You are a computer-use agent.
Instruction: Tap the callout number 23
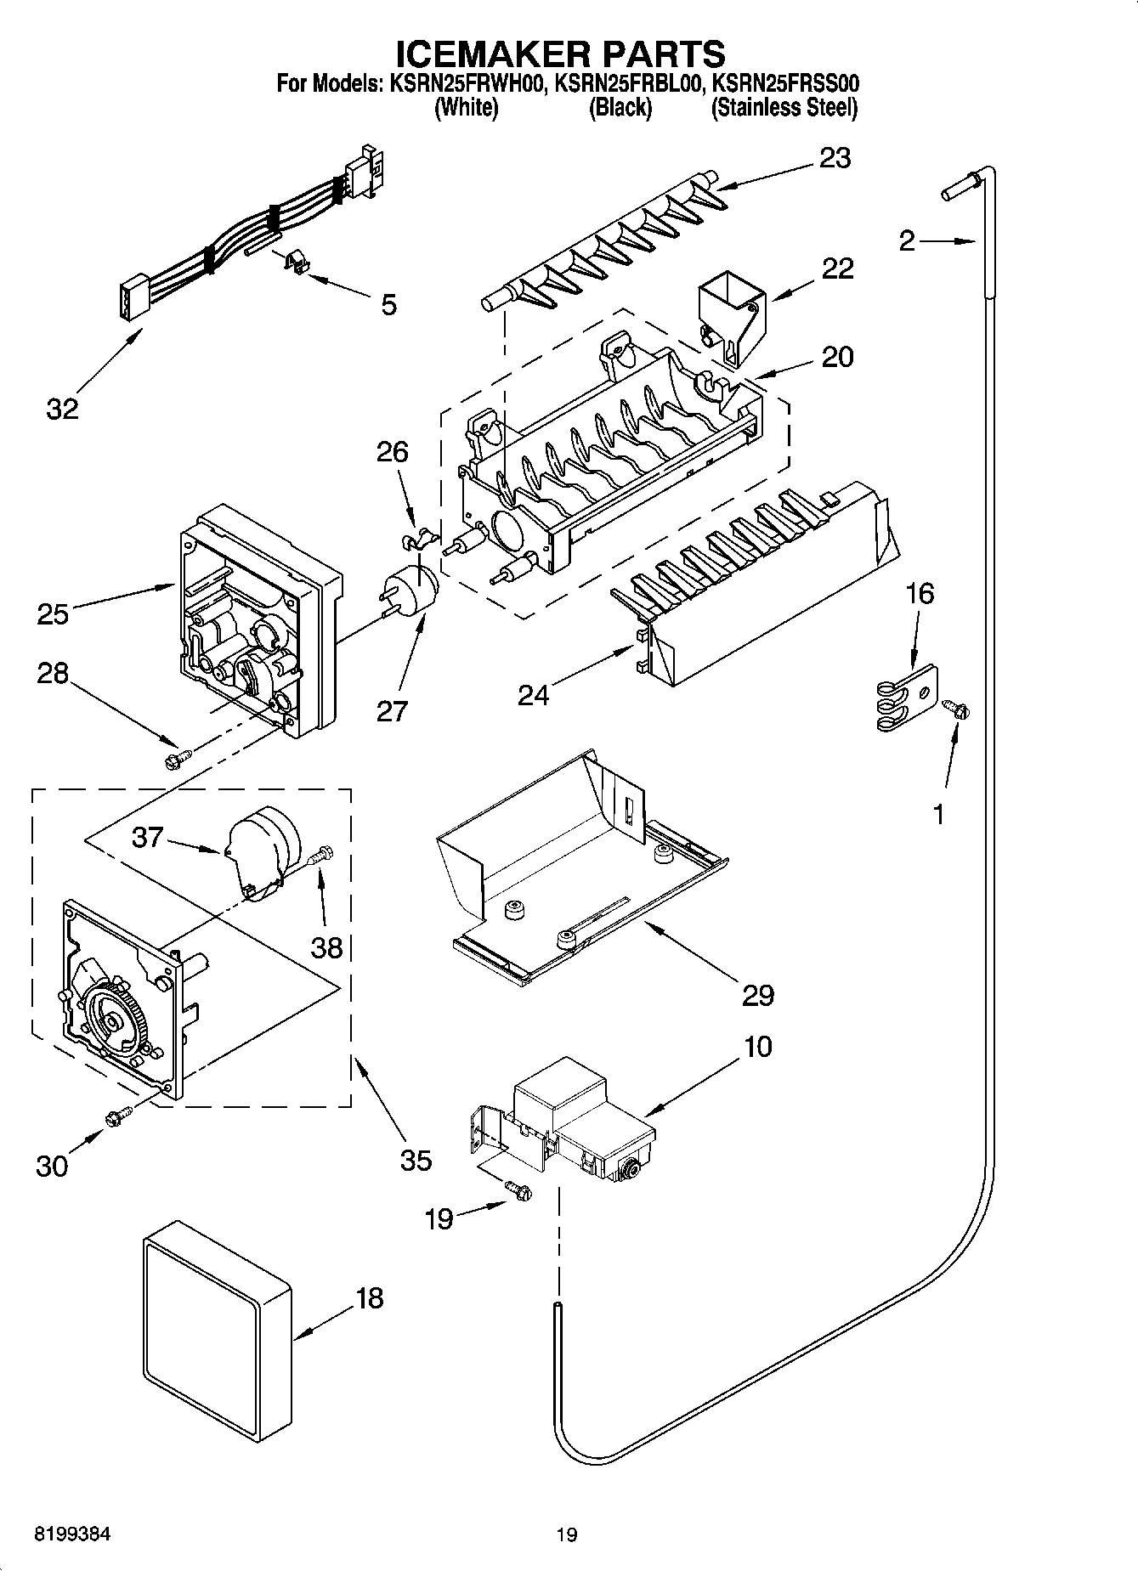[x=835, y=158]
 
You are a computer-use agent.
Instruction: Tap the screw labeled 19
[x=518, y=1192]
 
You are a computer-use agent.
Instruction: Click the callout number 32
[x=62, y=409]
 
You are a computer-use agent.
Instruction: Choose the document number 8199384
[x=72, y=1534]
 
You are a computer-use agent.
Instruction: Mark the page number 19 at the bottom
[x=567, y=1534]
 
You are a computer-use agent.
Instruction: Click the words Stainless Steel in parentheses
[x=784, y=108]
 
